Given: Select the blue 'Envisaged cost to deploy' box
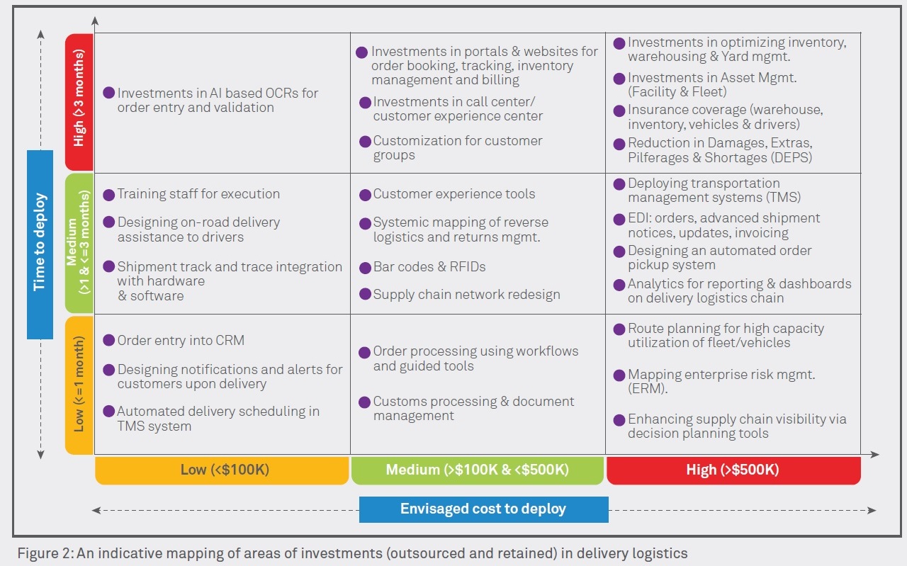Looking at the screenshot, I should pyautogui.click(x=483, y=509).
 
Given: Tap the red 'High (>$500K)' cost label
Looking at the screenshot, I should pyautogui.click(x=733, y=470).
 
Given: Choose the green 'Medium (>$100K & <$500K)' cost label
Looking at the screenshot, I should pyautogui.click(x=477, y=470).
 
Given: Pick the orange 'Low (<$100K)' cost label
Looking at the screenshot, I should pyautogui.click(x=222, y=470).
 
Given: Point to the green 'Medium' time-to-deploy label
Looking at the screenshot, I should pyautogui.click(x=79, y=242).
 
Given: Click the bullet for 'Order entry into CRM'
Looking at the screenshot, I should pyautogui.click(x=108, y=340).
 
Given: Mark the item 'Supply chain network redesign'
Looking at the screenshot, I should pyautogui.click(x=466, y=295).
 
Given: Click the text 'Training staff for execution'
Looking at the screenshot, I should pyautogui.click(x=198, y=193).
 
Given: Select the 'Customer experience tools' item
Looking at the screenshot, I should pyautogui.click(x=454, y=193).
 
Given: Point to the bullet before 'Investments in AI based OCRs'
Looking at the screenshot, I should pyautogui.click(x=108, y=93).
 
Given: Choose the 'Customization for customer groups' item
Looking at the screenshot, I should pyautogui.click(x=457, y=147).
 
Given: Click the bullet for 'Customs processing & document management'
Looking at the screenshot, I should pyautogui.click(x=364, y=402).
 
